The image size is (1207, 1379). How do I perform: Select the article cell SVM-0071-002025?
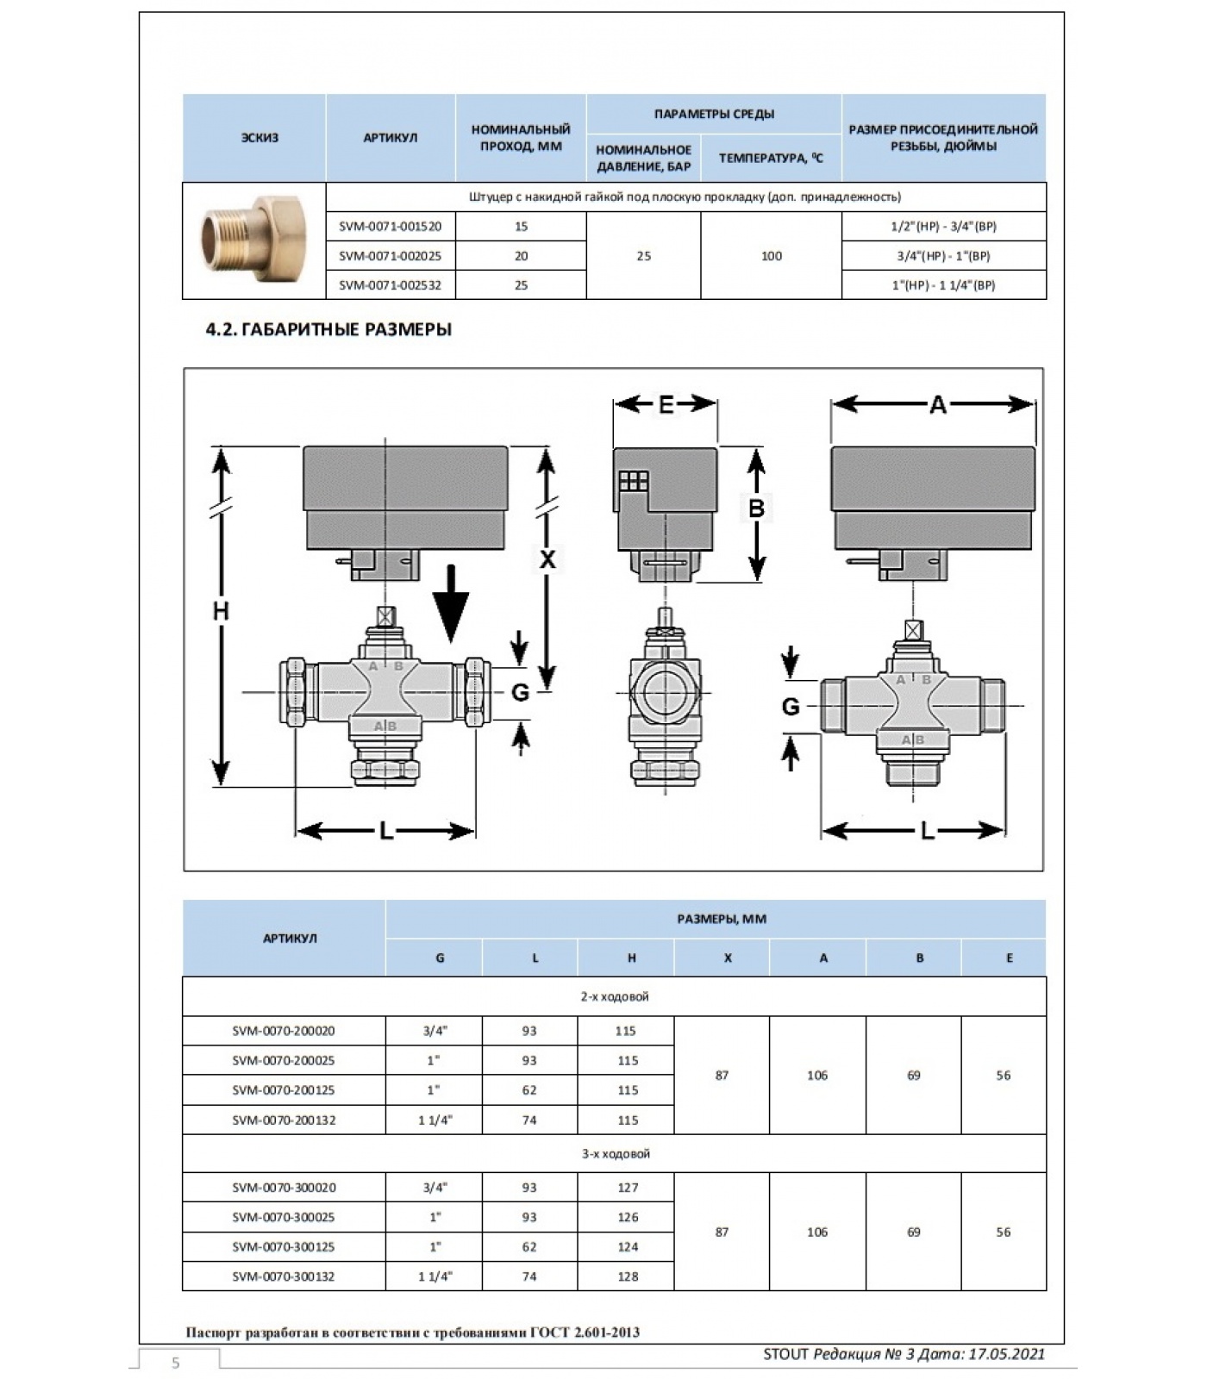click(x=390, y=256)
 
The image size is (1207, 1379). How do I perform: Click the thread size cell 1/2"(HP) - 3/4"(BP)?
click(x=943, y=227)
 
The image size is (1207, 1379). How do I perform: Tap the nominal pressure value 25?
click(x=643, y=256)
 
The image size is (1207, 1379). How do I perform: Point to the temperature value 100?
click(x=771, y=256)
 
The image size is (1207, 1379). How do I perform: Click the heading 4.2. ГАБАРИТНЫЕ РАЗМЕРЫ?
click(x=328, y=329)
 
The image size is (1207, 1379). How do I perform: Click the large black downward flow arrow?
click(x=450, y=602)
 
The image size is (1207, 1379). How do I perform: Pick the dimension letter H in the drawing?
click(x=222, y=611)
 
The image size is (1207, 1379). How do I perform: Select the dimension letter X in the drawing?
click(x=547, y=559)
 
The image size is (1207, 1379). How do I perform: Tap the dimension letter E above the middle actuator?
click(x=666, y=404)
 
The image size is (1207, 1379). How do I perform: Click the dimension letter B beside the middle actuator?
click(x=756, y=509)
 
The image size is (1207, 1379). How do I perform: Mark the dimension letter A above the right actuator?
click(x=937, y=404)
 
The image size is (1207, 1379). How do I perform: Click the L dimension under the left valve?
click(x=385, y=831)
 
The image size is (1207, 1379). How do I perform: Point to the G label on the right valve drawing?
click(x=791, y=707)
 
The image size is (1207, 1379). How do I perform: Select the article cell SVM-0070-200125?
click(x=284, y=1090)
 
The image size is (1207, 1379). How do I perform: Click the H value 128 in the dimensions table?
click(x=628, y=1276)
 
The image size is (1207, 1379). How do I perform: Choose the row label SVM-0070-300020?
click(x=284, y=1188)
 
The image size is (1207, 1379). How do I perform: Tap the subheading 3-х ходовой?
click(x=615, y=1154)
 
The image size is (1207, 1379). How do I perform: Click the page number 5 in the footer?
click(x=176, y=1363)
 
